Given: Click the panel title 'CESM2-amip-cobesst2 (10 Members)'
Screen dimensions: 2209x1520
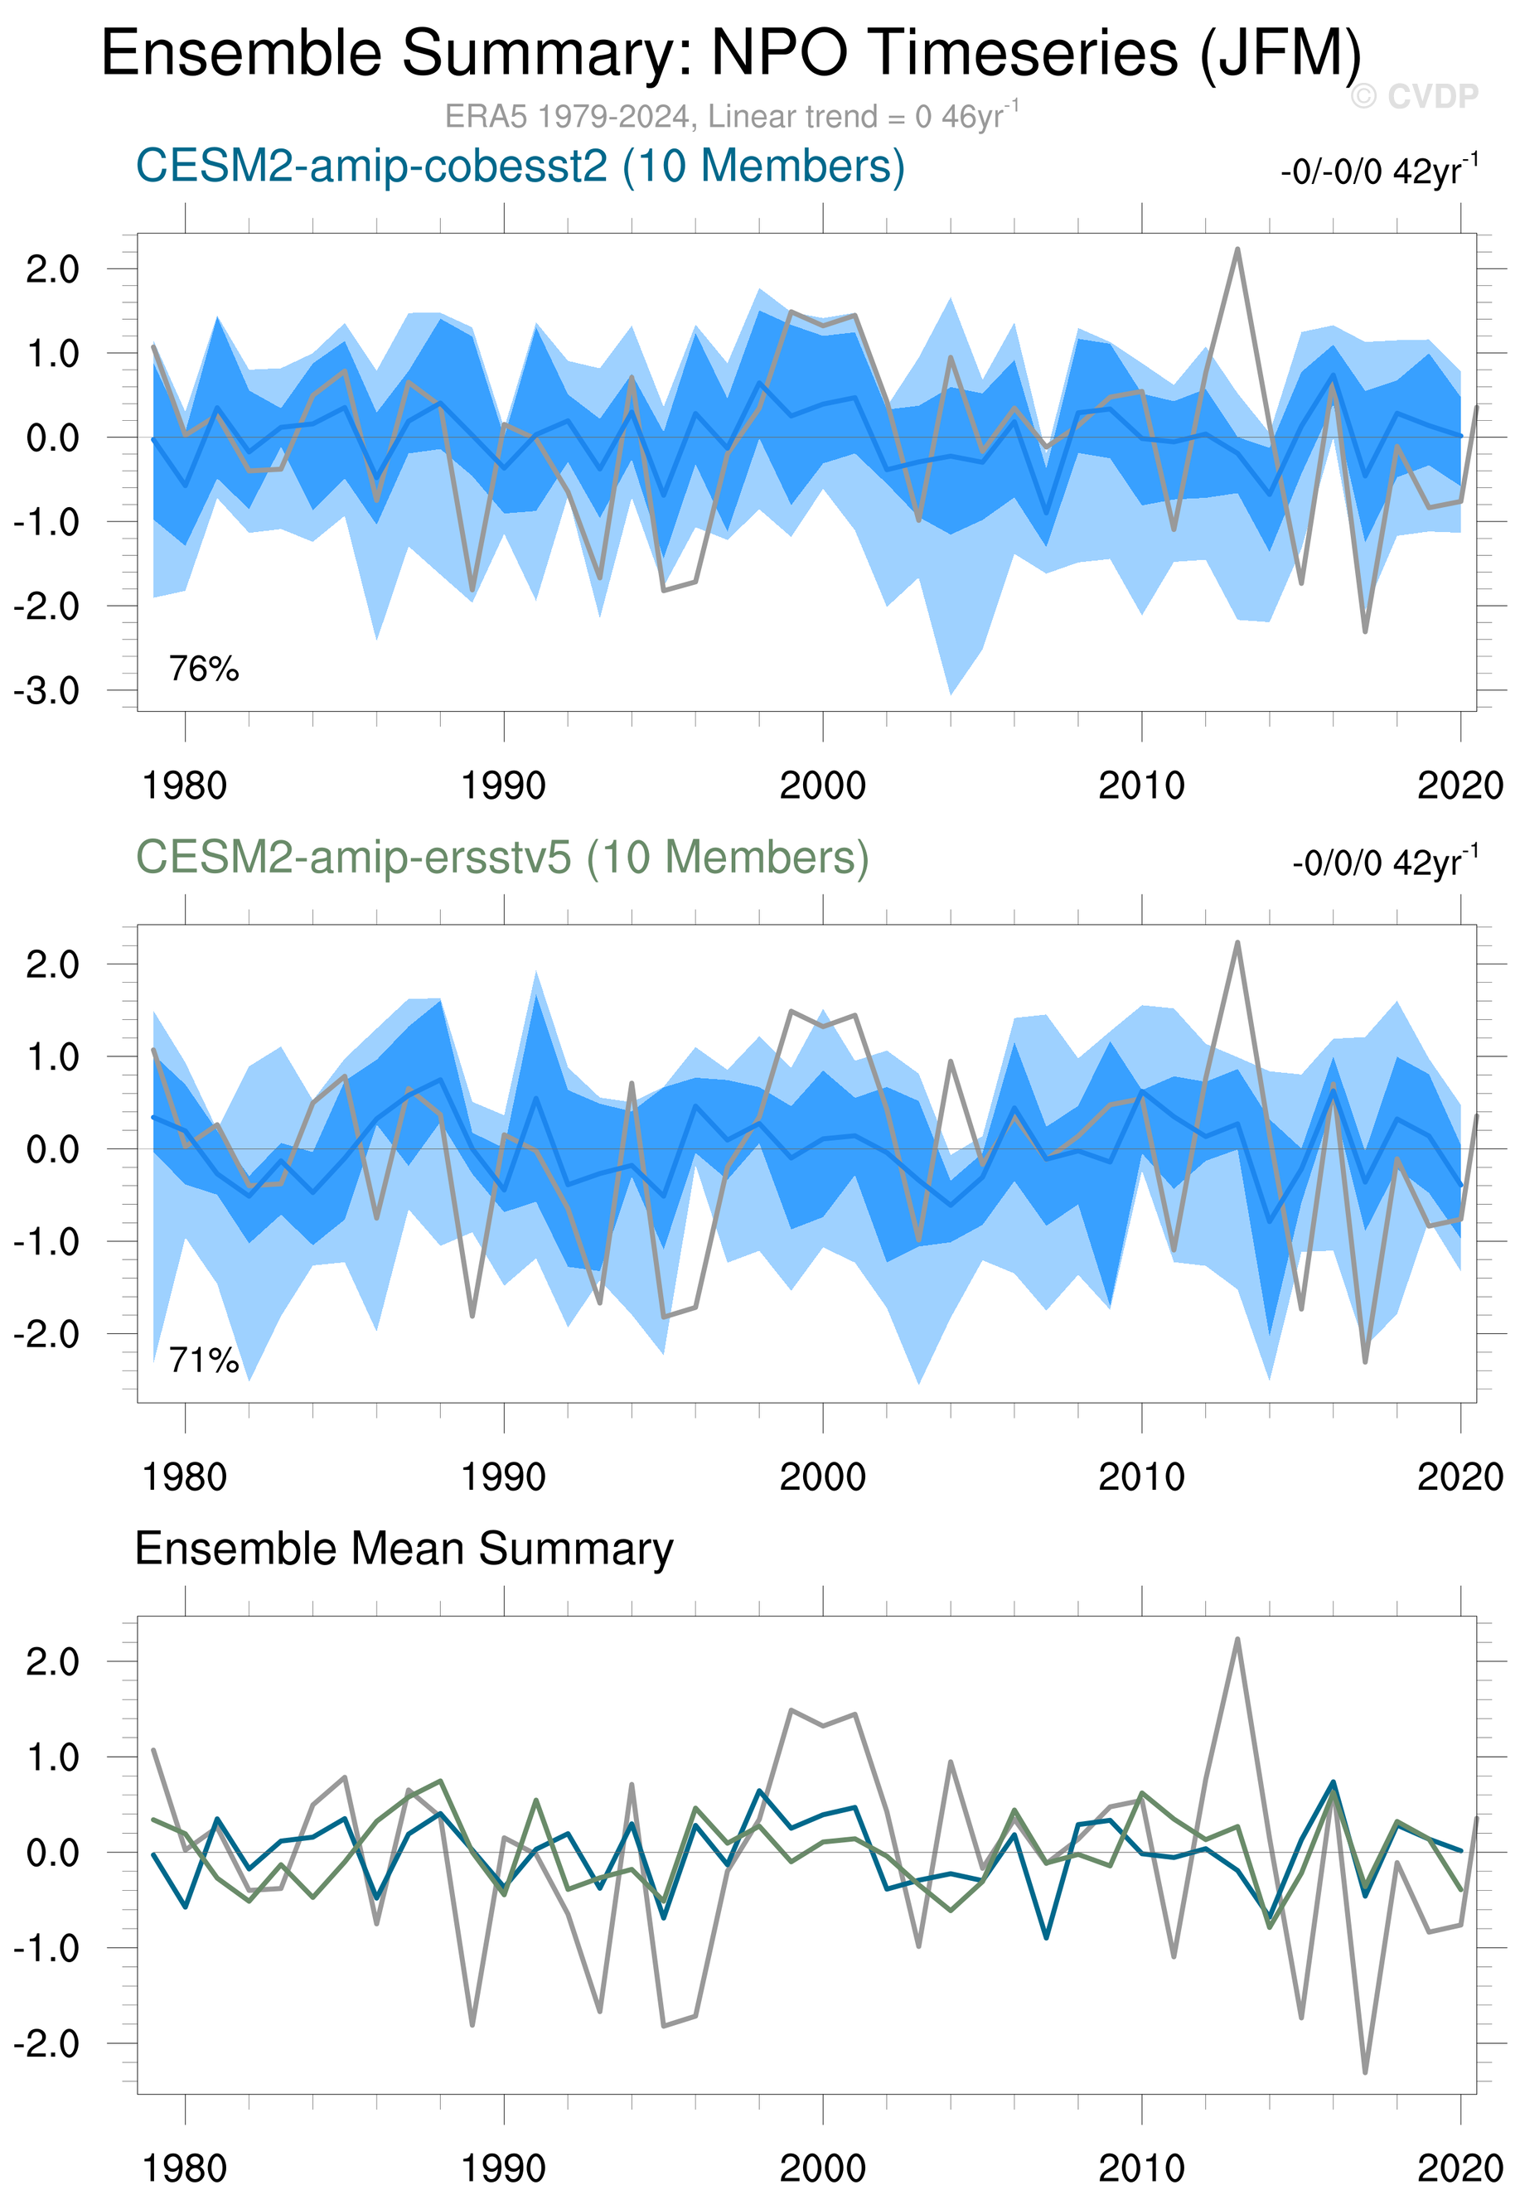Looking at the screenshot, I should (520, 167).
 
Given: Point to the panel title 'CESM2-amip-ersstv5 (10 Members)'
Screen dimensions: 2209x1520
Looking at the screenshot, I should (502, 857).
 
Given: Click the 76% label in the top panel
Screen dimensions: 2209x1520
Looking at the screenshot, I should (204, 669).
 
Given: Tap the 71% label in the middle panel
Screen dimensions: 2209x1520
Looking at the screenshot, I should (204, 1361).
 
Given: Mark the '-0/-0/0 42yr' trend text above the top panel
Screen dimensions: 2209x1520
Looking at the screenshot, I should (1378, 172).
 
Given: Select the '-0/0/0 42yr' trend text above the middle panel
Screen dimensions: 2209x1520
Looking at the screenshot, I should (1384, 863).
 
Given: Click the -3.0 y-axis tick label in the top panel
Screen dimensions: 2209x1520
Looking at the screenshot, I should (46, 690).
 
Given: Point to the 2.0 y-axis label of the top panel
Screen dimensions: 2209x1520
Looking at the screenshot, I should (52, 269).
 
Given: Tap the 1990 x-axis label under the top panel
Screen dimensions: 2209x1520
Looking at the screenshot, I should (503, 785).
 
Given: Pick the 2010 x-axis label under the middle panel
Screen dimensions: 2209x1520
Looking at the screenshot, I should (1141, 1477).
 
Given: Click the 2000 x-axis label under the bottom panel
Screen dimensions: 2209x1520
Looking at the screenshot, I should (822, 2168).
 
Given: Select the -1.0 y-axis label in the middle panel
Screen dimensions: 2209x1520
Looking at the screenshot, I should (46, 1241).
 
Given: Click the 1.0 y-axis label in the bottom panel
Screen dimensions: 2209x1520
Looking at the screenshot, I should (52, 1757).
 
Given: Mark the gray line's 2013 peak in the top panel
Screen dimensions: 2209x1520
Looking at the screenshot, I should (1237, 249).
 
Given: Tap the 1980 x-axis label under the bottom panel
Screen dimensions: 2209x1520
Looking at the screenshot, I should (184, 2168).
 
